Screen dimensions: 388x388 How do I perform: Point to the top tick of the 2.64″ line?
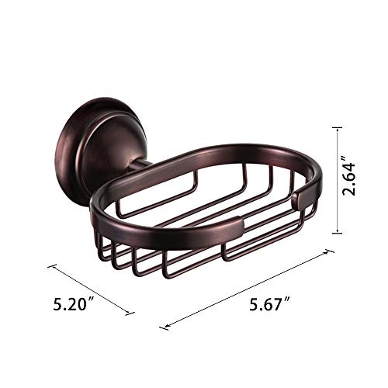(x=335, y=129)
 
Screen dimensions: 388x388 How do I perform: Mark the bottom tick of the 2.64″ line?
(x=335, y=233)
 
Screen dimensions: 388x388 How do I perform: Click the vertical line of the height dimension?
(x=335, y=181)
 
